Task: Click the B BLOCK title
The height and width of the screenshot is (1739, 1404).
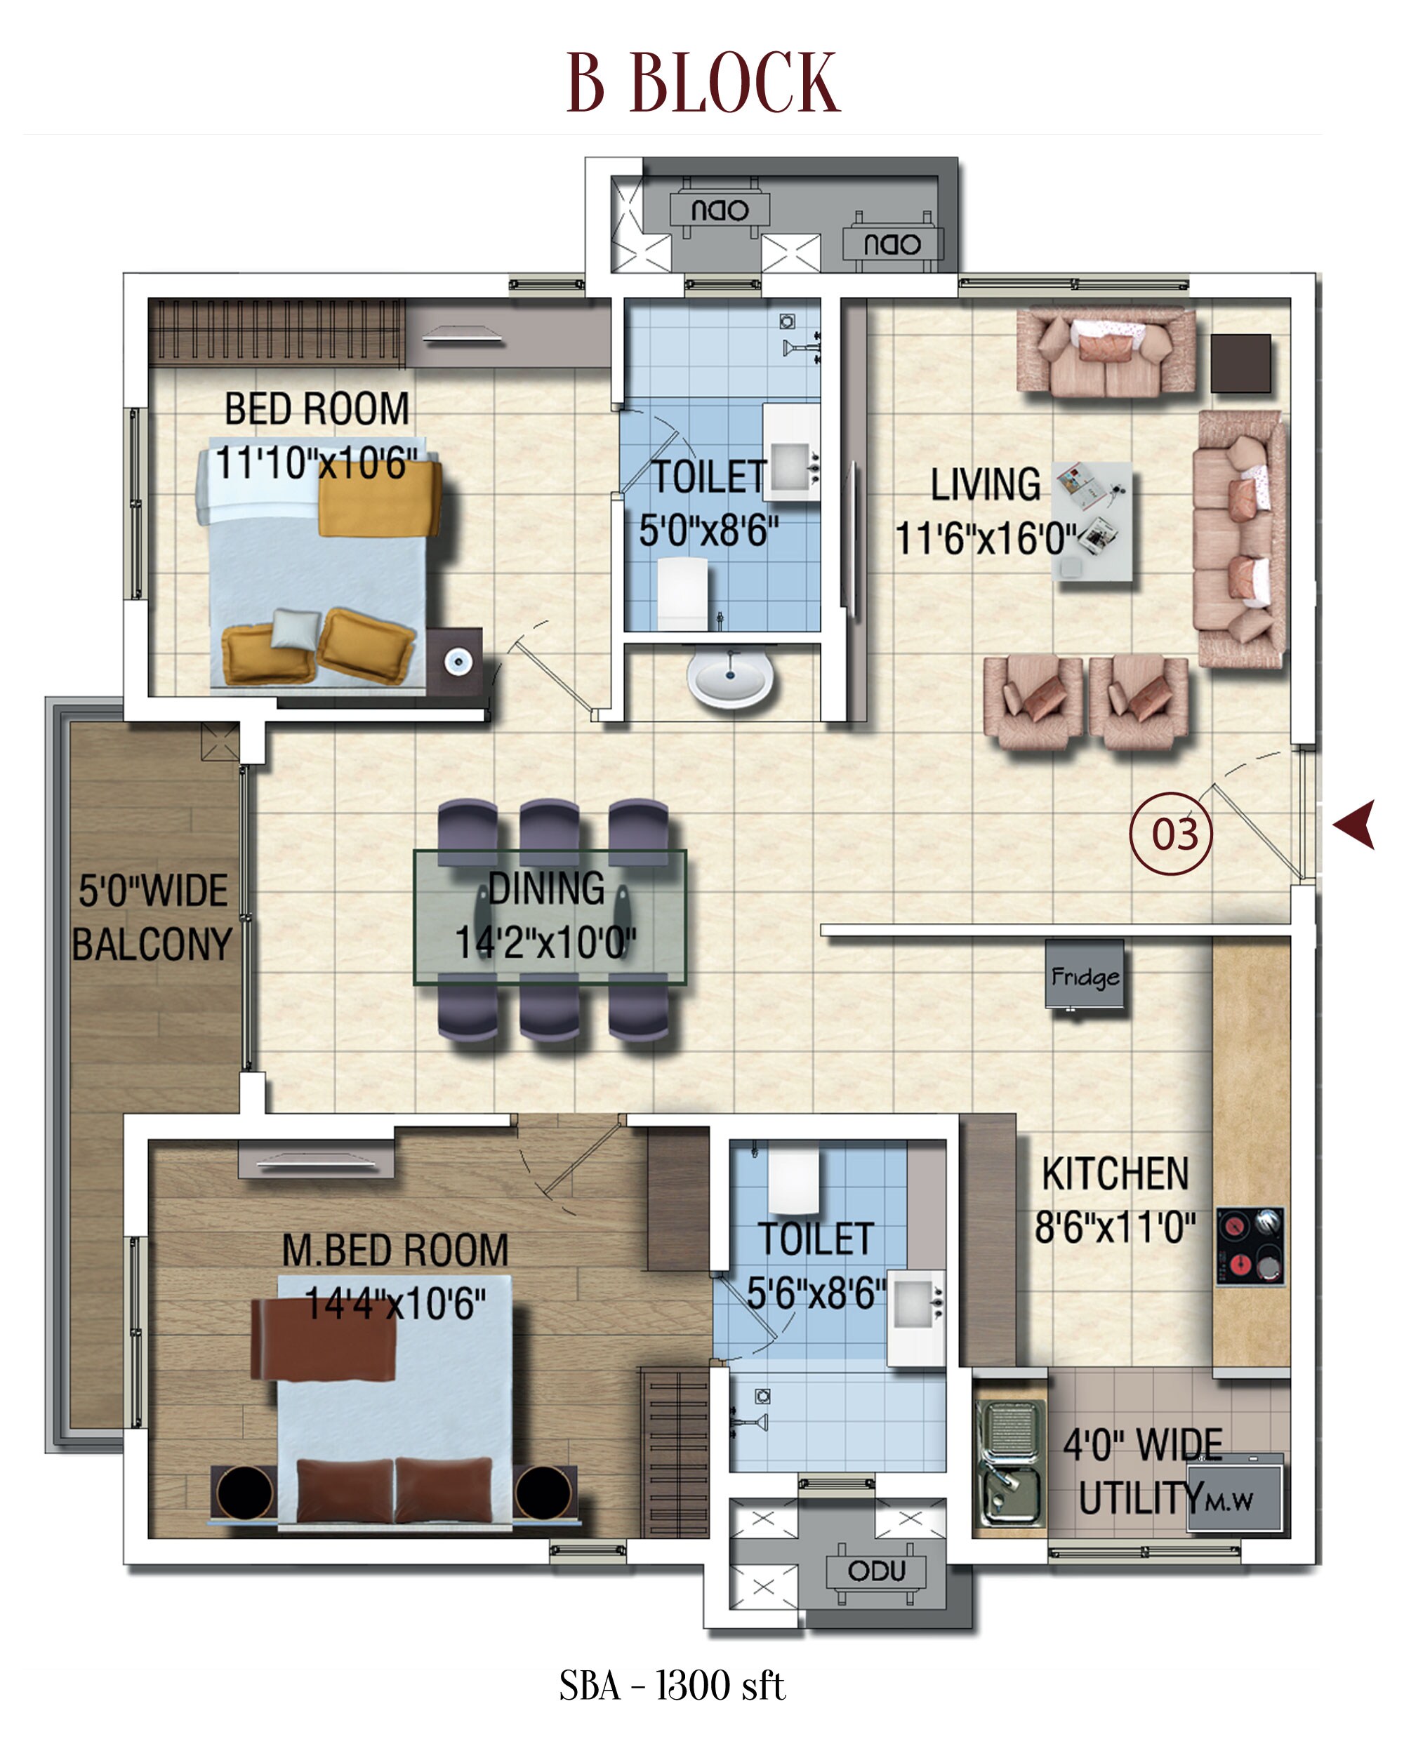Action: pos(703,83)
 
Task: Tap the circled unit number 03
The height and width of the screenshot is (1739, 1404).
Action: pos(1170,834)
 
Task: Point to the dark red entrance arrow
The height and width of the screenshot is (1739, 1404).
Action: pos(1356,825)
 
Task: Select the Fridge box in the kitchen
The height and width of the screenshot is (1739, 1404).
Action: pos(1084,974)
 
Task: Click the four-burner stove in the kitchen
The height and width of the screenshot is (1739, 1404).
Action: pos(1250,1246)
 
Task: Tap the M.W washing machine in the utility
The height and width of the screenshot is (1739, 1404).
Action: pos(1234,1500)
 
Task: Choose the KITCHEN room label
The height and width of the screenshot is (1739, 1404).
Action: pos(1115,1174)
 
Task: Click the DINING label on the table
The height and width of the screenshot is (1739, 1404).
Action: pos(547,888)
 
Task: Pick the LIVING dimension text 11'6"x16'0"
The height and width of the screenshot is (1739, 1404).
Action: pos(985,538)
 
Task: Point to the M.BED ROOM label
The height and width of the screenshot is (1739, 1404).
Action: pos(395,1250)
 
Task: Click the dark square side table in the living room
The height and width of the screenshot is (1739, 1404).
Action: pos(1240,363)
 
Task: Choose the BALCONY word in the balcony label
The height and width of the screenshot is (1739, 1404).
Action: pos(152,945)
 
